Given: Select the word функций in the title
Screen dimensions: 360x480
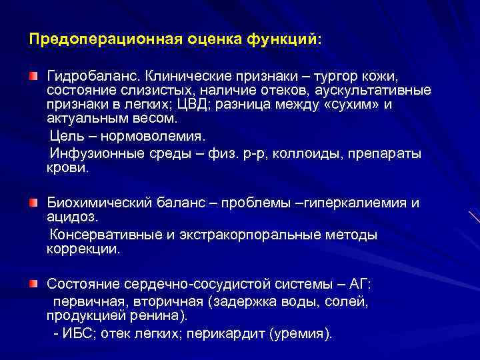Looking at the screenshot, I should (283, 39).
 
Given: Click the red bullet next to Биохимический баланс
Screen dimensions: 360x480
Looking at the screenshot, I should (33, 201).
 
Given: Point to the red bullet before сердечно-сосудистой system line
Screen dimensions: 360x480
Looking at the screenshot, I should (33, 284).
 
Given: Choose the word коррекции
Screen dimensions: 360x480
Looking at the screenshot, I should (83, 250).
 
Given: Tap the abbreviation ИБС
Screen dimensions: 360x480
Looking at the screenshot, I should (80, 333).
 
